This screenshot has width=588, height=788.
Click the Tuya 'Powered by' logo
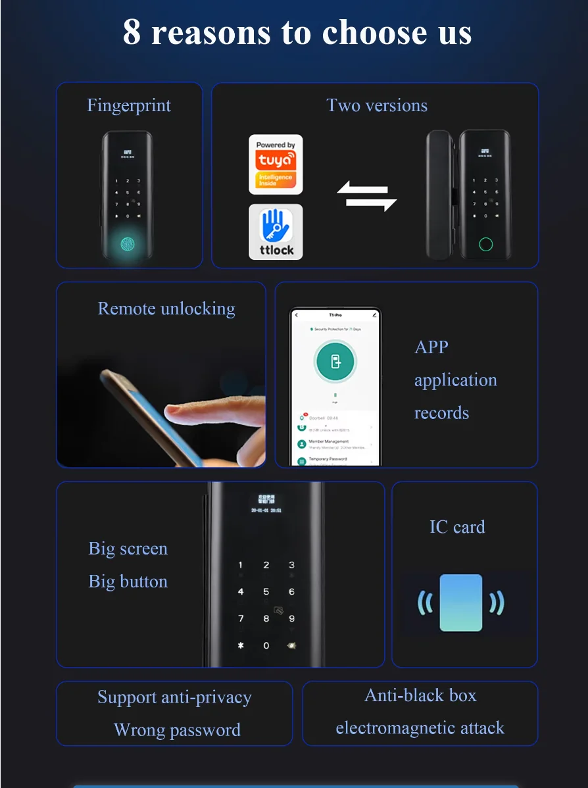[276, 164]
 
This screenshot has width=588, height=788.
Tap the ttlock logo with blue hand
[276, 232]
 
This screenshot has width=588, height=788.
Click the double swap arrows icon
[367, 197]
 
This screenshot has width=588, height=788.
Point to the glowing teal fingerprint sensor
[129, 244]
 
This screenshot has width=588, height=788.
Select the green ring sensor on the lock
[485, 245]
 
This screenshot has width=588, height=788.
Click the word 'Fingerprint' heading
[129, 106]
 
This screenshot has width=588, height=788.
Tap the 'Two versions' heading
[377, 106]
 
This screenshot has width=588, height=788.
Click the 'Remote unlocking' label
[166, 308]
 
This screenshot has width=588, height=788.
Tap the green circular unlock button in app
[335, 362]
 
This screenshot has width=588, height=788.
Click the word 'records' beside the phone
[441, 413]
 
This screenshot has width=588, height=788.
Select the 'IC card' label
[457, 527]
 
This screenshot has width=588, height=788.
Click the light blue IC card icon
[460, 603]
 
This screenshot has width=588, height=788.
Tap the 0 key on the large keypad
[266, 645]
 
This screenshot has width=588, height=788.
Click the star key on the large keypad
[241, 645]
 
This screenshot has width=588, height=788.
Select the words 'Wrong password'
[177, 730]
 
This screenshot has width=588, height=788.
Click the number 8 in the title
[132, 32]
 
